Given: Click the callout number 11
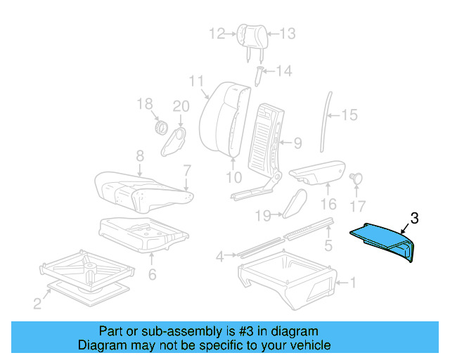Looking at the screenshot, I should (x=196, y=80).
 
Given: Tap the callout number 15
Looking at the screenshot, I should (x=349, y=115).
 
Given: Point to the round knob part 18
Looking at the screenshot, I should (x=160, y=129).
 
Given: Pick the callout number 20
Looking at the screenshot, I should (x=181, y=106).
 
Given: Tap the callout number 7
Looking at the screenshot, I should (x=186, y=169).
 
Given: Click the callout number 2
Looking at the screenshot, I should (x=37, y=304).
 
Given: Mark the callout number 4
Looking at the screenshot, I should (x=220, y=257).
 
